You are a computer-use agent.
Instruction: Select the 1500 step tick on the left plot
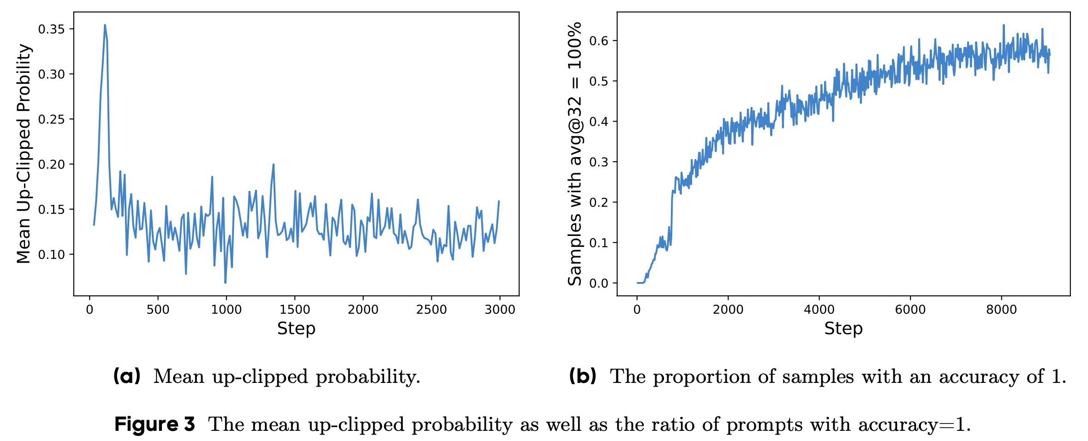coord(294,310)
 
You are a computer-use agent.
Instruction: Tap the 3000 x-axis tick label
coord(500,310)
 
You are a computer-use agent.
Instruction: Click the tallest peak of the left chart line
coord(105,25)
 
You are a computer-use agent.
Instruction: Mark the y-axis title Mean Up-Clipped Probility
coord(24,153)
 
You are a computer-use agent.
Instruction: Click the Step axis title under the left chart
coord(296,329)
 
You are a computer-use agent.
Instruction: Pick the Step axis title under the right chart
coord(843,329)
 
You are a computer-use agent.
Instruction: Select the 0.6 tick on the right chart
coord(599,41)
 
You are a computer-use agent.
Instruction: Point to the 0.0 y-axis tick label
coord(599,283)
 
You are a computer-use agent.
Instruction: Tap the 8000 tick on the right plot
coord(1001,310)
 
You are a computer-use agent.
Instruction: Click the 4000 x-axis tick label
coord(819,310)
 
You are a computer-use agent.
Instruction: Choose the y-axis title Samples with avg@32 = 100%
coord(575,153)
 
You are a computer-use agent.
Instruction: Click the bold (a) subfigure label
coord(127,376)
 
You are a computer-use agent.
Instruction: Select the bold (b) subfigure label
coord(582,376)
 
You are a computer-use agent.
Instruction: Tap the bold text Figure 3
coord(155,424)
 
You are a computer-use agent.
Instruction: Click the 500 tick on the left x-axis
coord(158,310)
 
